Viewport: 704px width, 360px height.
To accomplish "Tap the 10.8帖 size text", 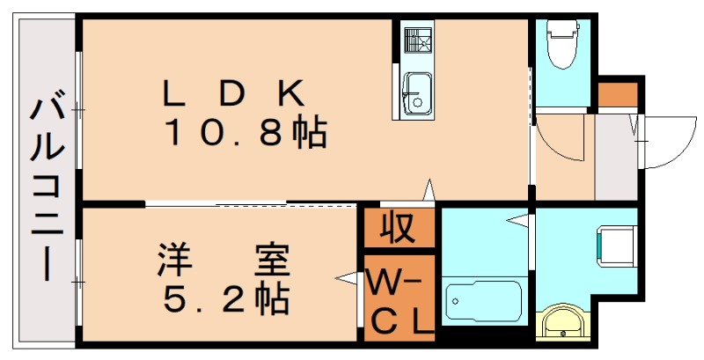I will point(246,135).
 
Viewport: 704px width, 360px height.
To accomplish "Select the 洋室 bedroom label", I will point(224,261).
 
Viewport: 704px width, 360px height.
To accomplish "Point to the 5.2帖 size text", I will point(225,301).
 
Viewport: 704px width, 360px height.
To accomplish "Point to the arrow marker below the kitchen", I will point(429,189).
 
